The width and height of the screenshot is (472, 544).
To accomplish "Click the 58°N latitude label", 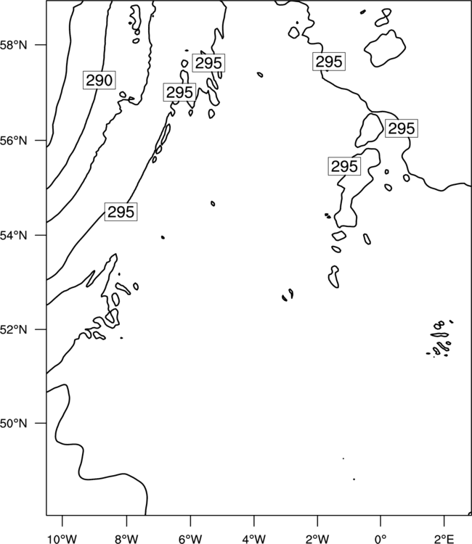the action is (14, 45).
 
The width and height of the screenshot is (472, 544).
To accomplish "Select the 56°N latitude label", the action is (14, 141).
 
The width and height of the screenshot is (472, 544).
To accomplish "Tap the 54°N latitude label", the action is (14, 236).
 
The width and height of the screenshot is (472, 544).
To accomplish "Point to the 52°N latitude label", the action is (14, 329).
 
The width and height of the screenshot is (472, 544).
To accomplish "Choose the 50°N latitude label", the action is (14, 424).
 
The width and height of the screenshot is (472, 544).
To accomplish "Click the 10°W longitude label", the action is (62, 539).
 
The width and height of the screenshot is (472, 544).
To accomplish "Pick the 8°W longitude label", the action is (126, 539).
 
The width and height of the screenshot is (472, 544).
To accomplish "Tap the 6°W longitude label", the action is (190, 539).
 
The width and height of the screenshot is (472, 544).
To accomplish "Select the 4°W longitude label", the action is (254, 539).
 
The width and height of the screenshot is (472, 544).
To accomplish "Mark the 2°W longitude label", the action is (317, 539).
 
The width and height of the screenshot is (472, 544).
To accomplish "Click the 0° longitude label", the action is (381, 539).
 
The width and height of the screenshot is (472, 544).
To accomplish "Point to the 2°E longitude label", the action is (444, 539).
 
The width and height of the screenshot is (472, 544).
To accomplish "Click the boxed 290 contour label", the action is (99, 81).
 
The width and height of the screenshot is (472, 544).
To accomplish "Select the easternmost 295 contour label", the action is (402, 128).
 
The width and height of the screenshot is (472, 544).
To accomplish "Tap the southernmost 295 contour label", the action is (121, 212).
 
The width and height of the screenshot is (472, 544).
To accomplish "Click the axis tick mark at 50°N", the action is (41, 424).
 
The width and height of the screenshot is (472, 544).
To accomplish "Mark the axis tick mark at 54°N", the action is (41, 235).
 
